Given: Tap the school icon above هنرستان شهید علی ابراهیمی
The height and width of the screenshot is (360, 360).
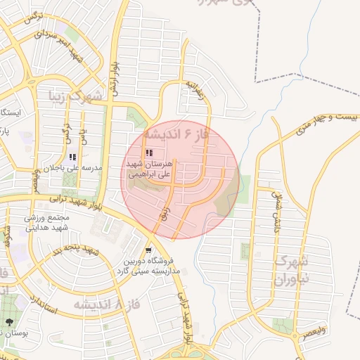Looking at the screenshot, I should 148,153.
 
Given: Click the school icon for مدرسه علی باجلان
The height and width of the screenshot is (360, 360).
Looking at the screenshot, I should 72,157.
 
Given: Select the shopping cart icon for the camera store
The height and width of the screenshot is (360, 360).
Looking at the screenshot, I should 148,250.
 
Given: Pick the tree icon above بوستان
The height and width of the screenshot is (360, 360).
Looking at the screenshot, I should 9,321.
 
